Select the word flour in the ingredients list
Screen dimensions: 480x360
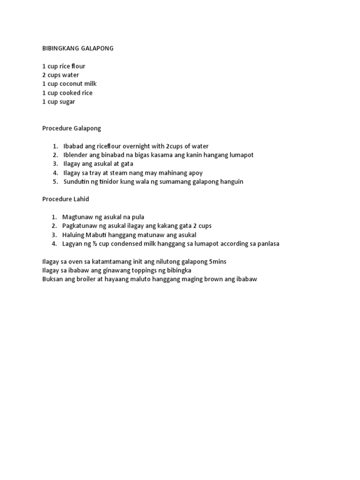[78, 66]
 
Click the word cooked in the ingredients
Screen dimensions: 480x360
[69, 93]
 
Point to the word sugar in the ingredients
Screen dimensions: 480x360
[67, 102]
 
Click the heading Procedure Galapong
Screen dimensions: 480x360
[72, 128]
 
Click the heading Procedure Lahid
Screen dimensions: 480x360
[66, 199]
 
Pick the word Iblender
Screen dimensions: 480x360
[76, 155]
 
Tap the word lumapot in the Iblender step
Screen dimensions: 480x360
[242, 155]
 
